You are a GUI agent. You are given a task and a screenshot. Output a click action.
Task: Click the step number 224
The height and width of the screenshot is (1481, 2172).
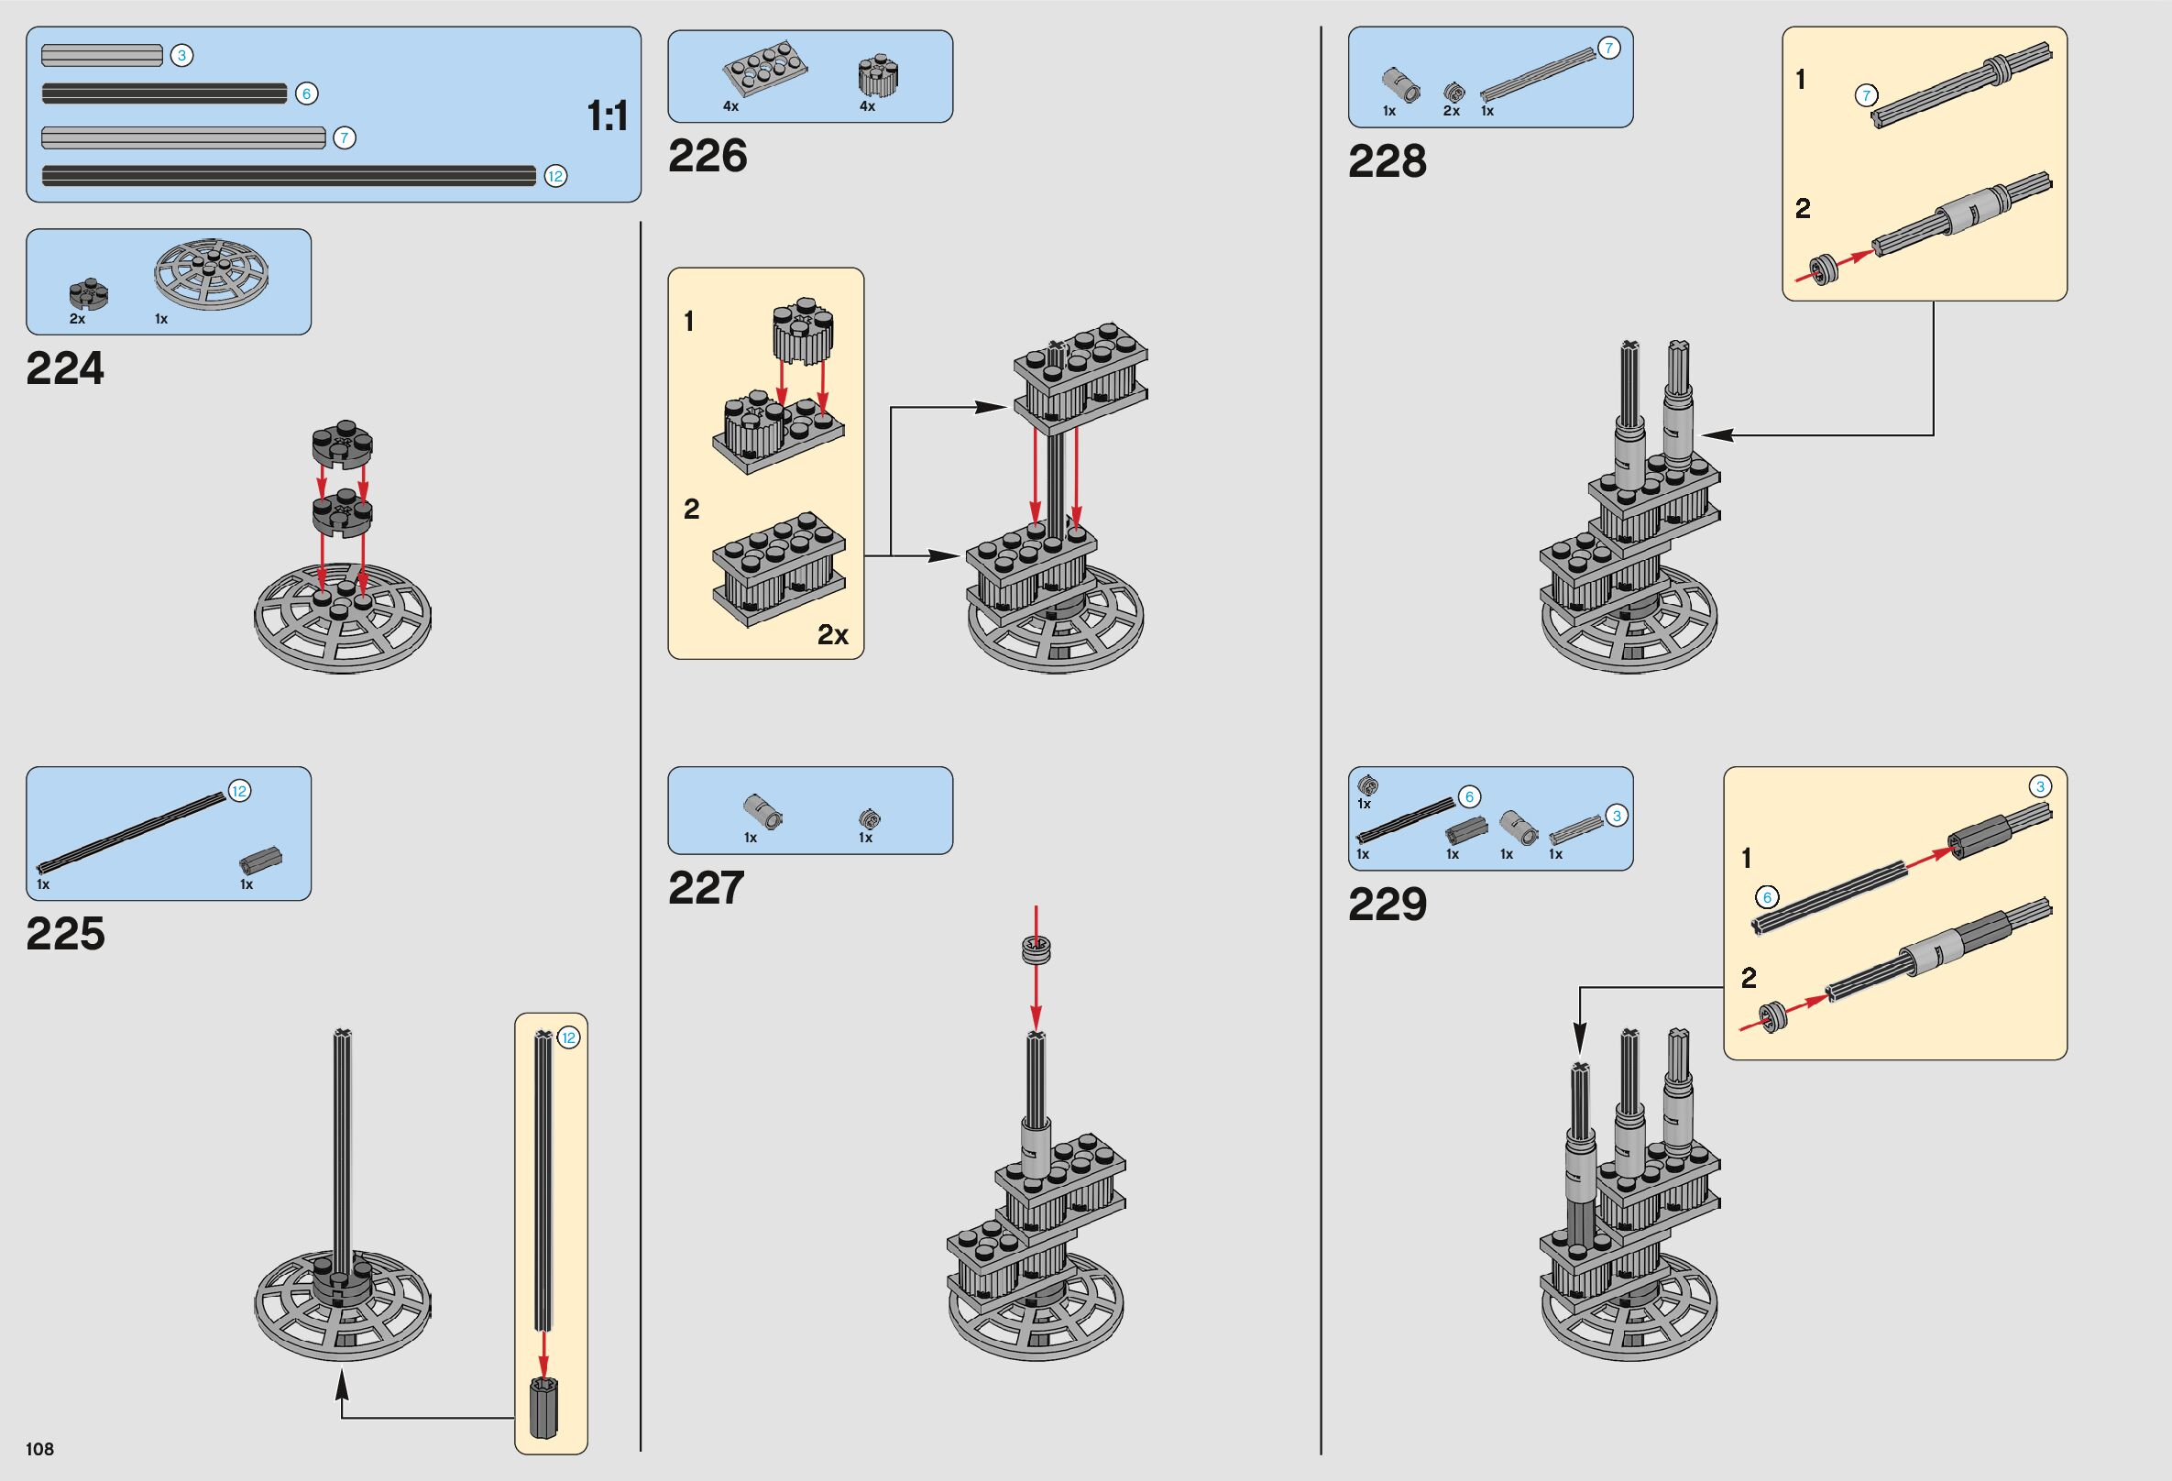[65, 368]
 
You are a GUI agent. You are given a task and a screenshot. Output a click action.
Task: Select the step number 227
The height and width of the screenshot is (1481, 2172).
[707, 888]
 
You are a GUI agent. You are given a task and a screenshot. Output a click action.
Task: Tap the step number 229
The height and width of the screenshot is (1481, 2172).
[1387, 904]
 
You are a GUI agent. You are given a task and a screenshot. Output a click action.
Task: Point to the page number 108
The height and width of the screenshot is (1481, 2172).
[40, 1448]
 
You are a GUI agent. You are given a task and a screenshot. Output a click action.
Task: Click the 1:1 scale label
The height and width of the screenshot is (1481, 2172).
[607, 116]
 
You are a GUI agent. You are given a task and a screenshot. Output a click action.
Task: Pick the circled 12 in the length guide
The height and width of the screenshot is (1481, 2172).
[555, 176]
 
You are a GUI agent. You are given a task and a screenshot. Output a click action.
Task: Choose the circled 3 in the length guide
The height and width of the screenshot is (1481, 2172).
[181, 55]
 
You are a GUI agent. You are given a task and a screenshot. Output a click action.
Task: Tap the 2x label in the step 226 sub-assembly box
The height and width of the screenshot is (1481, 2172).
[832, 635]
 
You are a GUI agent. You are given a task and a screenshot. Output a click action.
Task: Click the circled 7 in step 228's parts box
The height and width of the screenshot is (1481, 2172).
[1607, 48]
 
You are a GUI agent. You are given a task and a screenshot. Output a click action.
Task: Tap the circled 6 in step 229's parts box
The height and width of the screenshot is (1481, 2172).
[1469, 797]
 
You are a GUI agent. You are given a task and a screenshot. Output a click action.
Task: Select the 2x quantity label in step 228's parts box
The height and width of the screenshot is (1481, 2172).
[1451, 111]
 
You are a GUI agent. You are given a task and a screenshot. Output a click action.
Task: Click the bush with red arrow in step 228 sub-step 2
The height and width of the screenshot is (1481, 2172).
[1824, 271]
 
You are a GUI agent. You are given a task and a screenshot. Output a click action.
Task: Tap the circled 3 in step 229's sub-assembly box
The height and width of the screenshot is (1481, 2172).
[2040, 786]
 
